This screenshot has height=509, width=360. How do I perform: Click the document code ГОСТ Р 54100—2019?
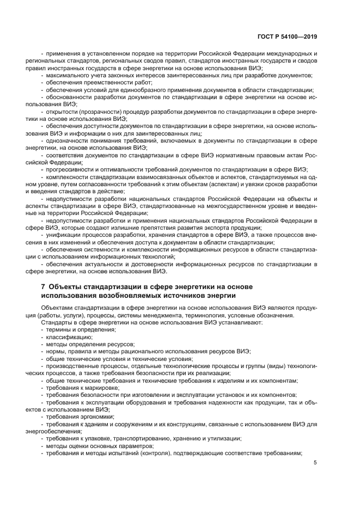[286, 36]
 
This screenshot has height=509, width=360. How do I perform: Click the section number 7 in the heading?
[43, 287]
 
